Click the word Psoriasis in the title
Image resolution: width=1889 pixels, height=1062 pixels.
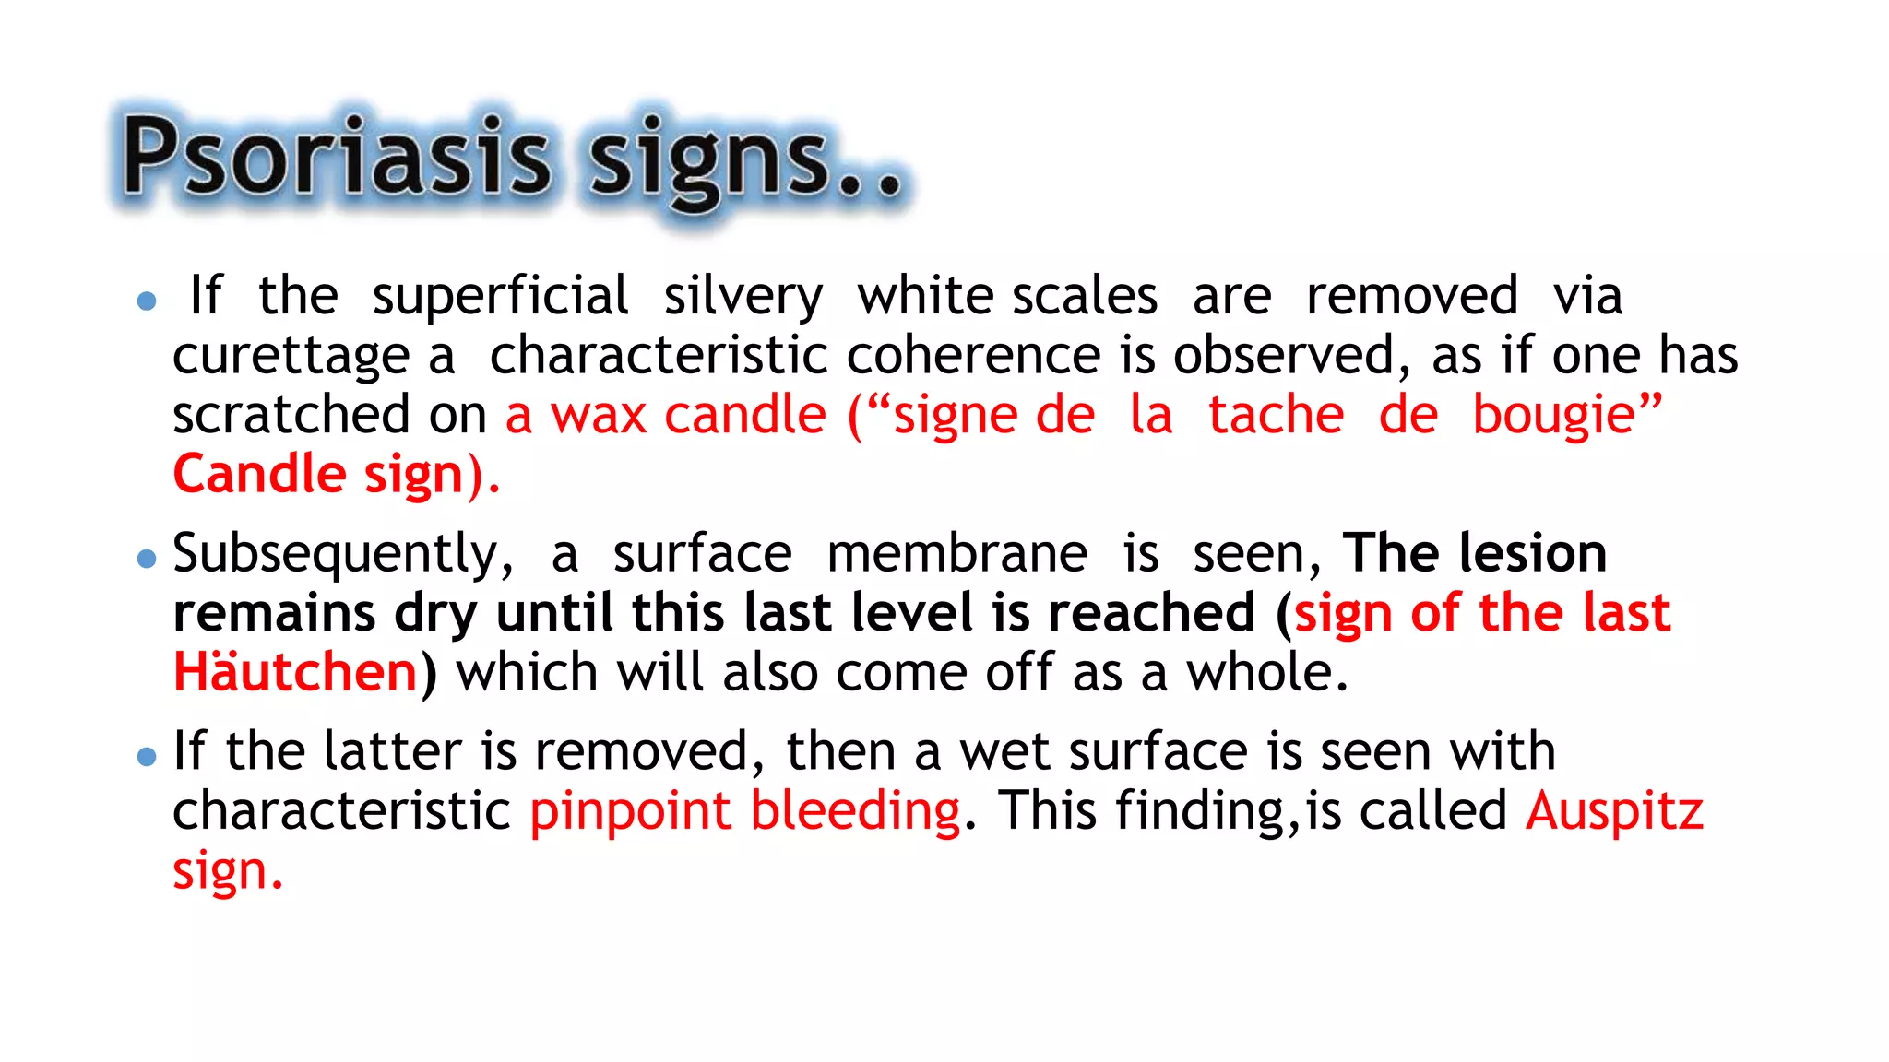338,157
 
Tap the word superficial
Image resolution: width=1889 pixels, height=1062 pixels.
500,297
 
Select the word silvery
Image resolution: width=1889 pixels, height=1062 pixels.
743,297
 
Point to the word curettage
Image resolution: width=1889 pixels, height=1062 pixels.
291,357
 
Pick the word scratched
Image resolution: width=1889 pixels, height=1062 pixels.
291,415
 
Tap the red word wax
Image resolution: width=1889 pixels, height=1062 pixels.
598,415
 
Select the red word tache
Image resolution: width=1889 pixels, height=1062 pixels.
1276,415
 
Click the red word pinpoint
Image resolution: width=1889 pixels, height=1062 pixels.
630,812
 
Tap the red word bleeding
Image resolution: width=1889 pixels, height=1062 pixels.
855,812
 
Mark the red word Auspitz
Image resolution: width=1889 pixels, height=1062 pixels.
1614,812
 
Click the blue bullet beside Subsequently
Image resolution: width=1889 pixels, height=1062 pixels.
146,559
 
